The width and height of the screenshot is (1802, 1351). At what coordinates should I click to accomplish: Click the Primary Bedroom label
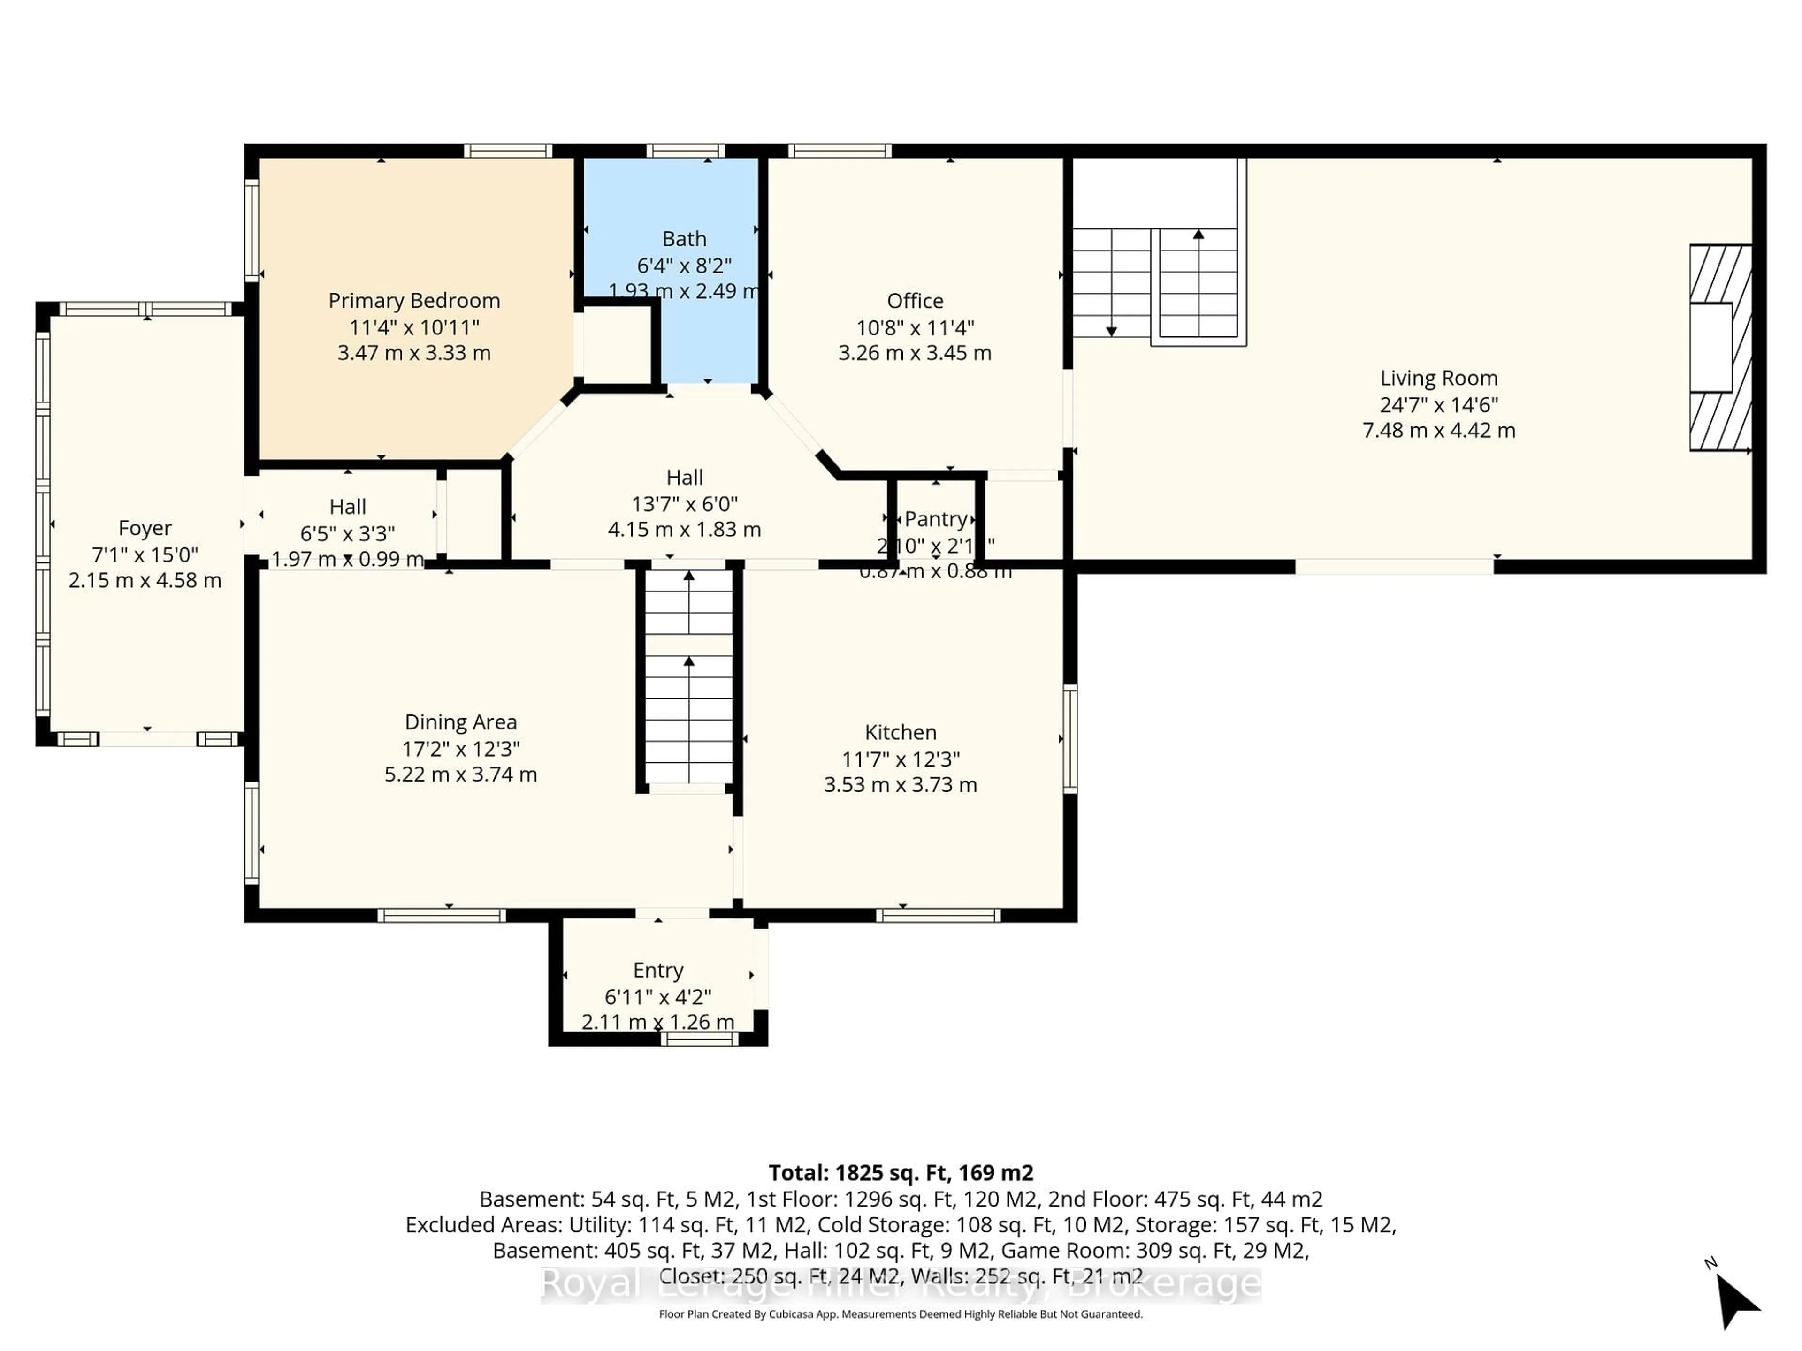414,301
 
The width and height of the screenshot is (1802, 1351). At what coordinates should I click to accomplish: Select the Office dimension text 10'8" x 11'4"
915,327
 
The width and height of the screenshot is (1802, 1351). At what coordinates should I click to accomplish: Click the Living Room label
1439,378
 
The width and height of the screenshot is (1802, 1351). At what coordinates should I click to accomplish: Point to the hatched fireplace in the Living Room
1720,348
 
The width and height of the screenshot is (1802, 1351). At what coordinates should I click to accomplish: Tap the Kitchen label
900,732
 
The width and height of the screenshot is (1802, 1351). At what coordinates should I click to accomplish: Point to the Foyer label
145,528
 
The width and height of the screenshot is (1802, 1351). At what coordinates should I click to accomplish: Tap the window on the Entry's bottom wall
699,1039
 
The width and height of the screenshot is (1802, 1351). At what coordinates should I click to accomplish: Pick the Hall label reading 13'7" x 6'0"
684,477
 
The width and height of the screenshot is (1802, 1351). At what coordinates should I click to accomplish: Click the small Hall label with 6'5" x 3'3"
347,507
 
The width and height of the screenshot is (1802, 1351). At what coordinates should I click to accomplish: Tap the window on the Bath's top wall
685,151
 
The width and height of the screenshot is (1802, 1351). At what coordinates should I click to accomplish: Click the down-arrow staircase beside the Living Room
1111,282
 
